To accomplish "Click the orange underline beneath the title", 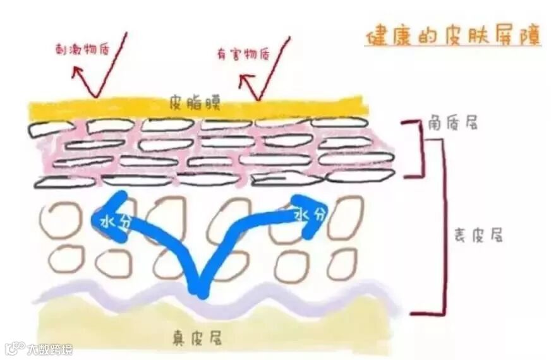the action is click(x=452, y=47).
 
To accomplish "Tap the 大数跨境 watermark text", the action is click(x=49, y=349).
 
